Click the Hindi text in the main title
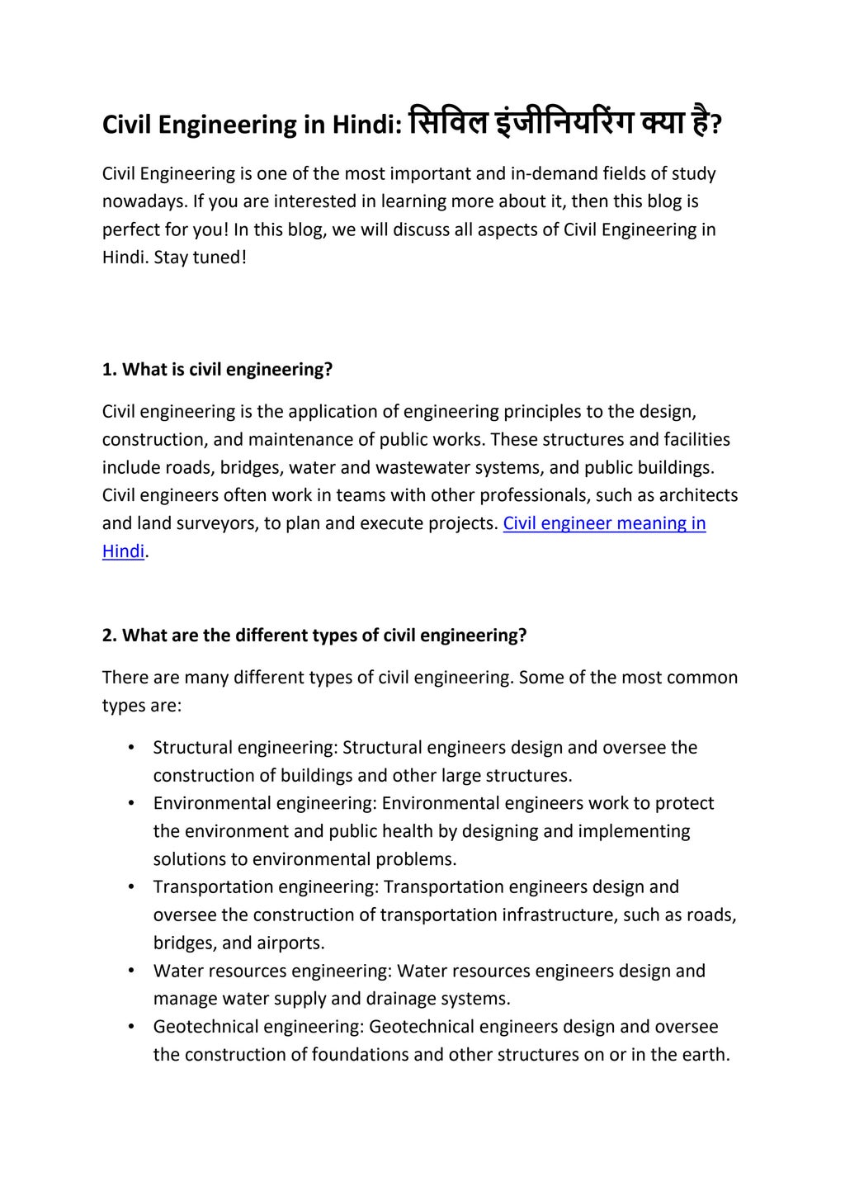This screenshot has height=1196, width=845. click(x=561, y=124)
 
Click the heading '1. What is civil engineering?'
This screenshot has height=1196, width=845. click(x=217, y=369)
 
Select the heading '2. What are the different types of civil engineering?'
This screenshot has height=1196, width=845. click(x=314, y=636)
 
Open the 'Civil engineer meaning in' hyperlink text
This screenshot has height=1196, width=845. click(x=604, y=523)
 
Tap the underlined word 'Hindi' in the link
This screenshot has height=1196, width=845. click(x=123, y=551)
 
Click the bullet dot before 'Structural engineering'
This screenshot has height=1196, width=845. click(x=131, y=748)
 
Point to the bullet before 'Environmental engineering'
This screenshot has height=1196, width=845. click(x=131, y=803)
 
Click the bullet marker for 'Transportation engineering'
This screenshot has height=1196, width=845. click(x=131, y=887)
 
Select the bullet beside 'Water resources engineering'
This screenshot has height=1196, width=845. click(x=131, y=971)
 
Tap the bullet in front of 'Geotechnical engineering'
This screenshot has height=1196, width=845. click(x=131, y=1027)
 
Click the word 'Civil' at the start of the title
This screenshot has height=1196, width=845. click(x=126, y=125)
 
